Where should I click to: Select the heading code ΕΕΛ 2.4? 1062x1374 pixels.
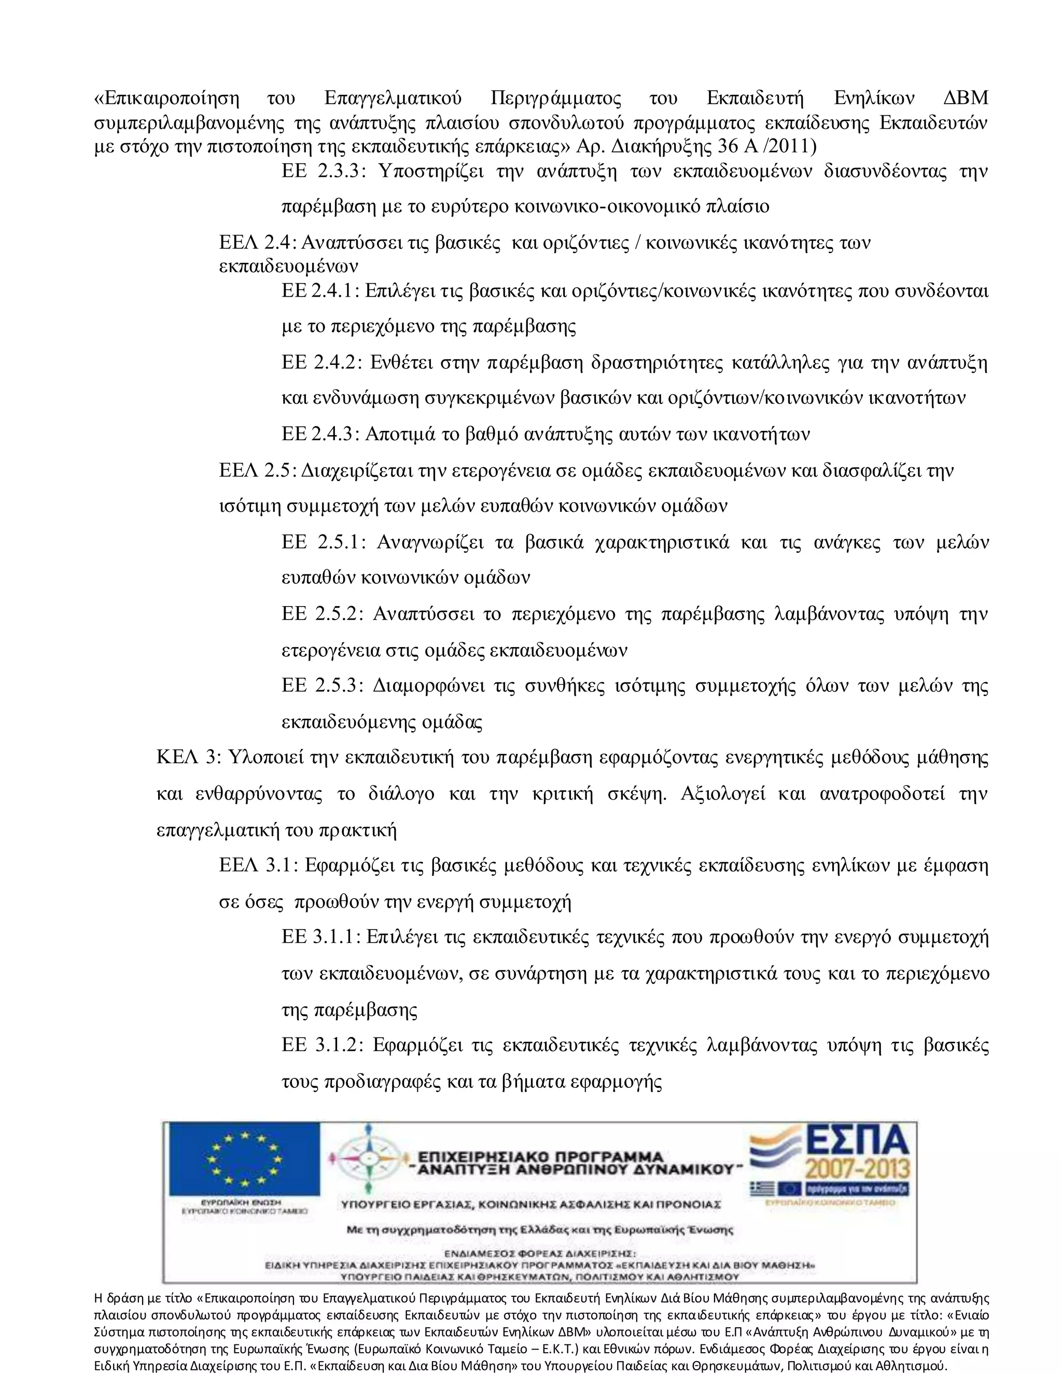pyautogui.click(x=257, y=243)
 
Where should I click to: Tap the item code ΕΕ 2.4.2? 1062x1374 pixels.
pyautogui.click(x=322, y=363)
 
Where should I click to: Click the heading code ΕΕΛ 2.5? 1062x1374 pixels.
pyautogui.click(x=257, y=471)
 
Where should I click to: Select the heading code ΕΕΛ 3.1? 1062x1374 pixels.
pyautogui.click(x=258, y=866)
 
